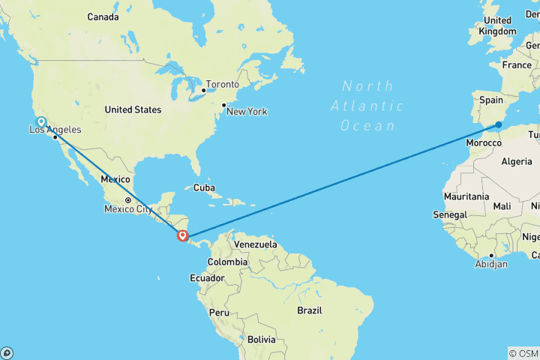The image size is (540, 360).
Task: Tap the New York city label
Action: coord(247,112)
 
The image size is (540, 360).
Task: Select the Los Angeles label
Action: coord(55,130)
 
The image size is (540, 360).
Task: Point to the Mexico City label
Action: coord(128,208)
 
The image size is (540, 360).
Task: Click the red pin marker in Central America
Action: coord(182,236)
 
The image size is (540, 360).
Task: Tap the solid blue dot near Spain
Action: coord(499,124)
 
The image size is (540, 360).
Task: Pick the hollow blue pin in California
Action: coord(40,121)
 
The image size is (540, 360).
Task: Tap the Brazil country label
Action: coord(309,310)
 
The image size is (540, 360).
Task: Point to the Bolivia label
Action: coord(261,340)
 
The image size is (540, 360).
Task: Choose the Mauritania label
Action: coord(466,196)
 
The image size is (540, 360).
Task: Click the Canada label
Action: coord(103,16)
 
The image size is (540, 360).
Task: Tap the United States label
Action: coord(133,109)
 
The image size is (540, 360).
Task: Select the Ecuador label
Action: coord(207,278)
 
